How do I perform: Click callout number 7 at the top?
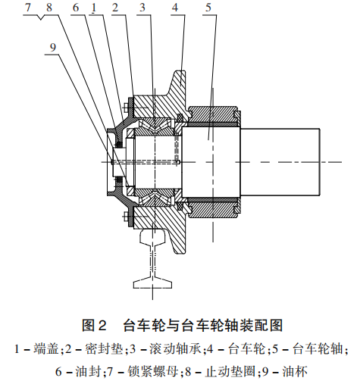(27, 8)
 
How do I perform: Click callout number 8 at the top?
(49, 8)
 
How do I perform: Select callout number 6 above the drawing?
(76, 8)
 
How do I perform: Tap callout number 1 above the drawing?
(94, 8)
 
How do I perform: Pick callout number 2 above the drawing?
(115, 8)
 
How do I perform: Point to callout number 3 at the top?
(142, 8)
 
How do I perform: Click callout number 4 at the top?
(175, 8)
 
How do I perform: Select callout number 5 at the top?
(208, 8)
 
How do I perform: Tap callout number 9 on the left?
(53, 47)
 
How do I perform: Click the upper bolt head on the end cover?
(126, 108)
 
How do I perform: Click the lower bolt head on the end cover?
(126, 217)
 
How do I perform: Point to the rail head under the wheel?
(153, 237)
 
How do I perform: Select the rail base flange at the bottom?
(153, 283)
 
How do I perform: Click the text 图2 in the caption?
(94, 326)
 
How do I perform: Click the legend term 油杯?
(295, 371)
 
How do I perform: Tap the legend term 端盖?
(46, 349)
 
